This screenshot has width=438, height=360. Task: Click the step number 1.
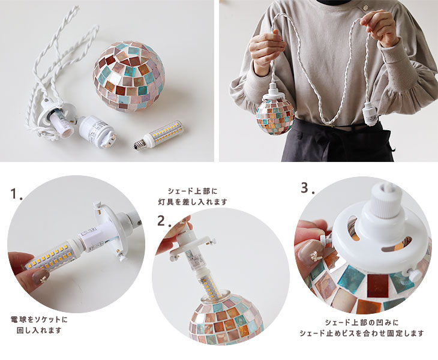click(x=16, y=194)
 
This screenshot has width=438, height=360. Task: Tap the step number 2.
click(x=164, y=221)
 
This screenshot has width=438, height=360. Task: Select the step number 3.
click(x=308, y=188)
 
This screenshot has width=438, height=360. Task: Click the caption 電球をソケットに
click(x=39, y=319)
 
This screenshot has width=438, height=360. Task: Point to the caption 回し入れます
click(x=39, y=331)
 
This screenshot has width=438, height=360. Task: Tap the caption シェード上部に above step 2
click(x=193, y=191)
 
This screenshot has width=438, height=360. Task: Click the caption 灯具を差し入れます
click(x=193, y=202)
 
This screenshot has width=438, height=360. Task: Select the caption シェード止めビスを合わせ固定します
click(x=362, y=333)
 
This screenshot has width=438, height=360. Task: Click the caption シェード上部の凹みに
click(x=362, y=323)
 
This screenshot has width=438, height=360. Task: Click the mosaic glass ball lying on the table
click(x=129, y=76)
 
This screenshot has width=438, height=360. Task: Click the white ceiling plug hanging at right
click(x=368, y=112)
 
